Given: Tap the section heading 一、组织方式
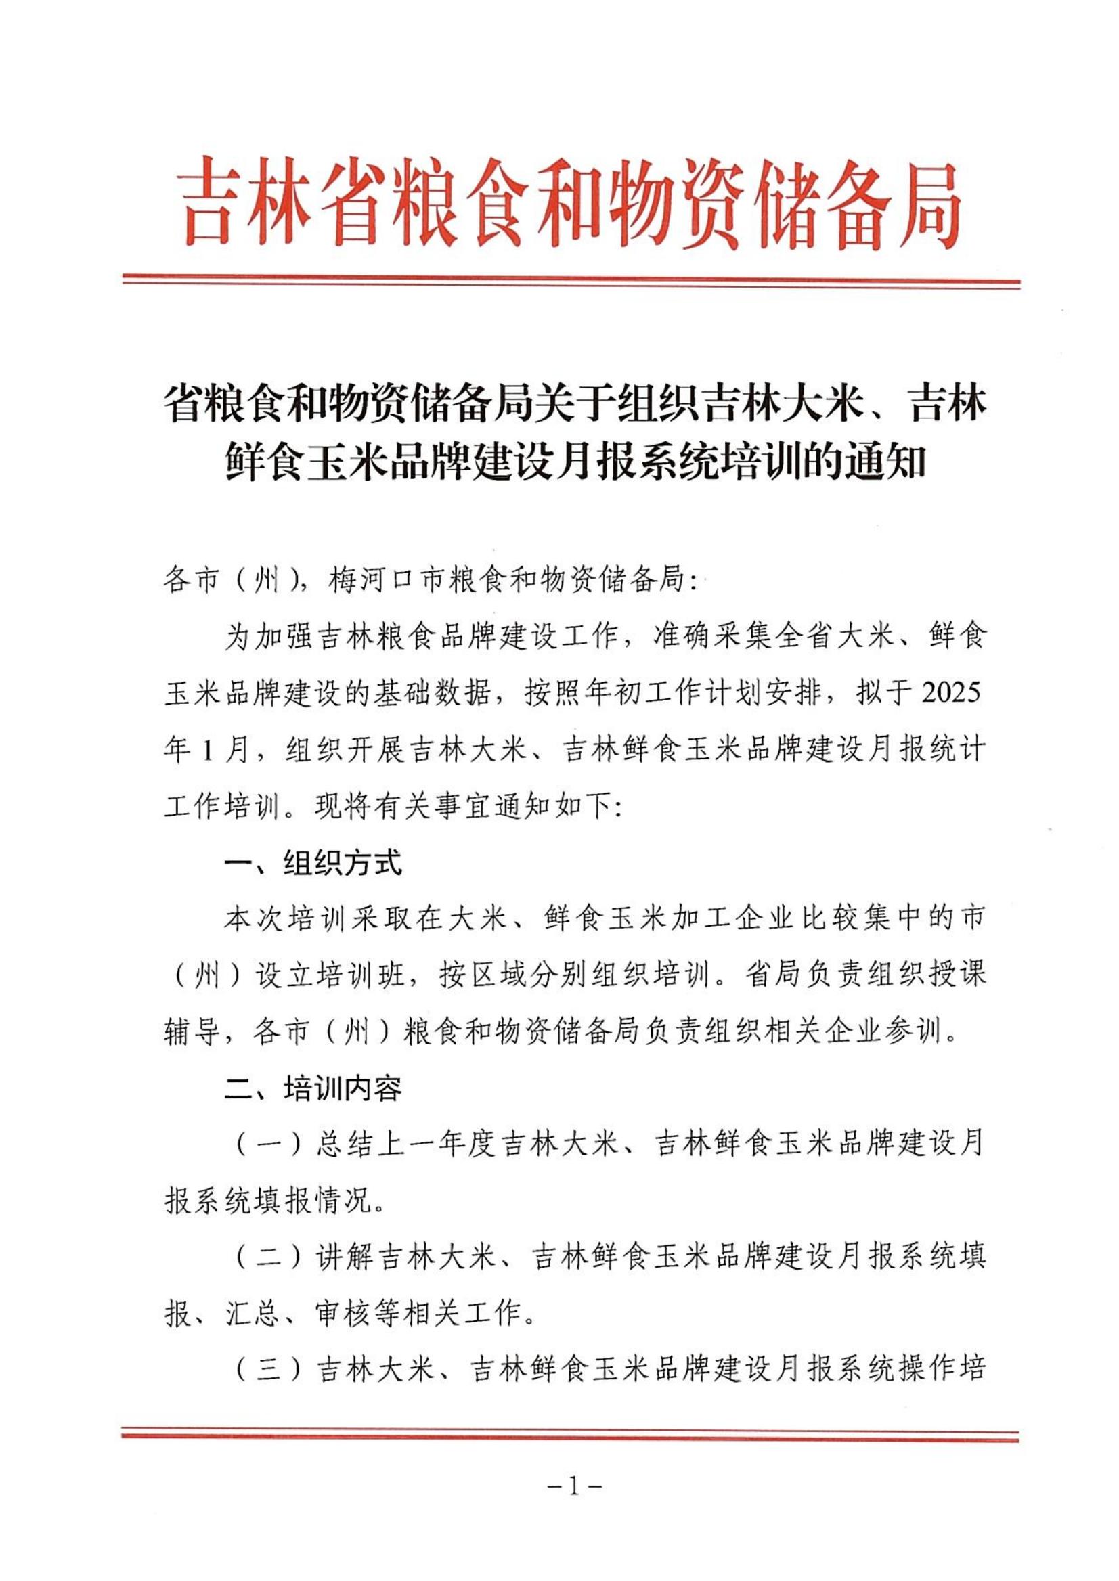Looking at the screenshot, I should [x=313, y=863].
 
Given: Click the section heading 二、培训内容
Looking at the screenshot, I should [x=313, y=1089].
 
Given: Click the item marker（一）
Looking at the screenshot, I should [x=267, y=1146].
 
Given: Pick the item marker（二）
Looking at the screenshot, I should [x=267, y=1259].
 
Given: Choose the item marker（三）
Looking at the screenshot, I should [x=267, y=1372].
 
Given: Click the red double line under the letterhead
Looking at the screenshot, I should [x=571, y=282].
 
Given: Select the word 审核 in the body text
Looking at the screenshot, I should [x=345, y=1315].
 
